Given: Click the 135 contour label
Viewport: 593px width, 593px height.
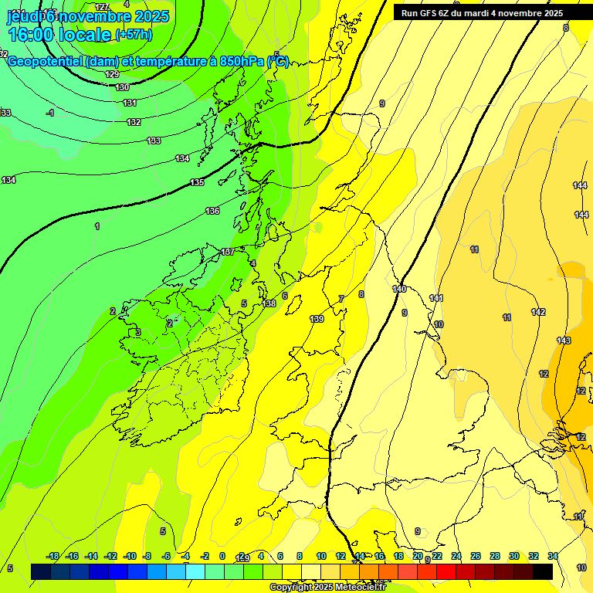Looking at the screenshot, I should (x=197, y=183).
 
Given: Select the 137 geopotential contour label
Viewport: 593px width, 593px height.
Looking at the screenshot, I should (x=227, y=252).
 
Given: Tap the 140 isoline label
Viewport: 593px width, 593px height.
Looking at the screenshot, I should (x=399, y=289).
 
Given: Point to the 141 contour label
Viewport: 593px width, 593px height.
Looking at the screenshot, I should (x=436, y=298).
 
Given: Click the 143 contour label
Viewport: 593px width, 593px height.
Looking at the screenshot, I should (x=564, y=341).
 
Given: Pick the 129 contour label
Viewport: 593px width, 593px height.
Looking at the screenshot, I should (x=112, y=74).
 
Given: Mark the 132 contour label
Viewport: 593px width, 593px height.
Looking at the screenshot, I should (x=134, y=122).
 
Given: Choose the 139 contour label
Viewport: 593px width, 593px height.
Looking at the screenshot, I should (x=317, y=319).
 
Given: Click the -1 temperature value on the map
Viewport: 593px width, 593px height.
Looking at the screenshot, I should (x=50, y=113).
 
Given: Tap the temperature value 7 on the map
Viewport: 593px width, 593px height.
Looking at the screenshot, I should (x=341, y=299).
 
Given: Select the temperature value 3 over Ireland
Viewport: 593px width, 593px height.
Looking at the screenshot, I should (x=138, y=332).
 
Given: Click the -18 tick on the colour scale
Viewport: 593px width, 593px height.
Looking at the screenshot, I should (x=53, y=556).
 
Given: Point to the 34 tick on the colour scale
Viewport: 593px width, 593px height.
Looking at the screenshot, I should (x=553, y=556).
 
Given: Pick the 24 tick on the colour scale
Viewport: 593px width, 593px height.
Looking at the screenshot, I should (x=456, y=556).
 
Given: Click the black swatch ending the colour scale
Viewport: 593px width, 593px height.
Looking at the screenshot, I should (x=542, y=571).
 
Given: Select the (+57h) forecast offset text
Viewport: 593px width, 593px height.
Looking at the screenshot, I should (x=134, y=35).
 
